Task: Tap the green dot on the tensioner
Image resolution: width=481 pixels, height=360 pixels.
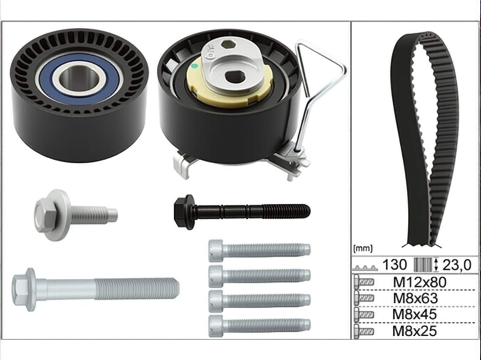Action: [x=194, y=66]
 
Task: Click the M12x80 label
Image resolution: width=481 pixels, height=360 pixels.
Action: [x=419, y=282]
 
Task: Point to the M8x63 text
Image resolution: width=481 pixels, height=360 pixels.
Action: [x=416, y=298]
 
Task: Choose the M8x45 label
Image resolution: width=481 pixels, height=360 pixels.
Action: [x=415, y=314]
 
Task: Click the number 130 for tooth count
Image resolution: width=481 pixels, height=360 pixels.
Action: [x=395, y=264]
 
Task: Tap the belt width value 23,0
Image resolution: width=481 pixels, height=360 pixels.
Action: [x=457, y=265]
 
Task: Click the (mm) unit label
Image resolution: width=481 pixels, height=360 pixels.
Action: [x=363, y=249]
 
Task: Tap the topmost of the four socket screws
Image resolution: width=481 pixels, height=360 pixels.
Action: [x=259, y=250]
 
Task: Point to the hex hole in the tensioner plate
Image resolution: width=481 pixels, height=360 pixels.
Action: [x=228, y=45]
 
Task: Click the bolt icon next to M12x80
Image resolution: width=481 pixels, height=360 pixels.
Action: [x=364, y=282]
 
